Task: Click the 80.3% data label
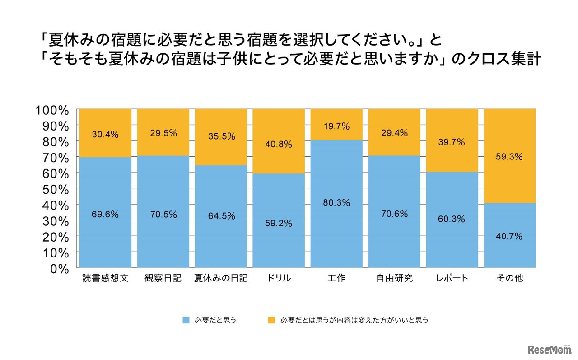click(x=336, y=203)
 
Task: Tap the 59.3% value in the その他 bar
click(x=509, y=157)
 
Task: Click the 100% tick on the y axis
click(x=51, y=110)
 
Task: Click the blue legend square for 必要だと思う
click(x=186, y=320)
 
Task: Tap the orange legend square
click(x=271, y=320)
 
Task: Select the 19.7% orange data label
click(x=336, y=126)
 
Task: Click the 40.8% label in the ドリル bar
click(x=279, y=145)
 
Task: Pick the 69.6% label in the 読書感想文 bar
click(x=105, y=215)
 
